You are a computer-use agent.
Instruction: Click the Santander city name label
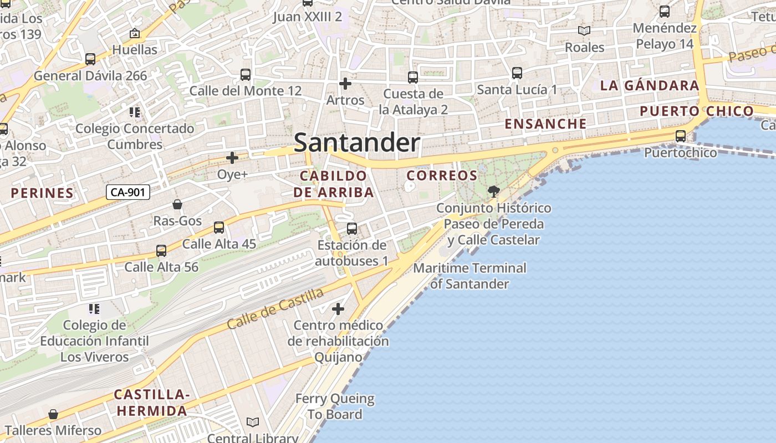(357, 143)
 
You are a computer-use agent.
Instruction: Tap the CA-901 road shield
(128, 192)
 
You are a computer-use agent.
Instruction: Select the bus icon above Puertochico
(681, 136)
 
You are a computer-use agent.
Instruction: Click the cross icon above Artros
(345, 84)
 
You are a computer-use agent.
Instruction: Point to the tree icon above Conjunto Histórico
(493, 192)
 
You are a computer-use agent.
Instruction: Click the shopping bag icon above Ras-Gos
(177, 204)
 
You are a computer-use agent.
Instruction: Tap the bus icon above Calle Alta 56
(161, 251)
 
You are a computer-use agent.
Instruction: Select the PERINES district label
(42, 193)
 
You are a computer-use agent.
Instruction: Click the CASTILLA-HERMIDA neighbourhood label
(151, 403)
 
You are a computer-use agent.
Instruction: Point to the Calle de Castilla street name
(275, 308)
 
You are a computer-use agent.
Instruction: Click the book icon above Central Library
(253, 422)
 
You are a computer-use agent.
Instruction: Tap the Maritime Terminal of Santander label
(470, 276)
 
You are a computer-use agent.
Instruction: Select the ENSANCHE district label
(545, 124)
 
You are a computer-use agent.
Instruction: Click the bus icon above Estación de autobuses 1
(352, 228)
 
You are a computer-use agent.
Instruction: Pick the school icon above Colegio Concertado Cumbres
(135, 112)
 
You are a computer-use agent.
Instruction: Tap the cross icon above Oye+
(232, 158)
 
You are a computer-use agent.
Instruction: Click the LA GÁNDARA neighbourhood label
(650, 86)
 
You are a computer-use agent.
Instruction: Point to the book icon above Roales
(584, 31)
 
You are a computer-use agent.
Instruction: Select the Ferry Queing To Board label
(335, 406)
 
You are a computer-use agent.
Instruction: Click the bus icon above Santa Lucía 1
(517, 73)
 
